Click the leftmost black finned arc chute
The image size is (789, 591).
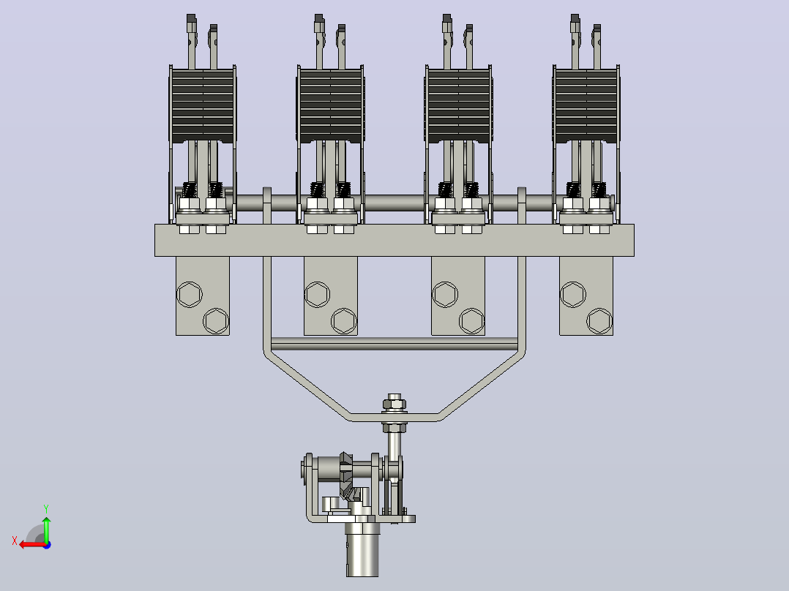click(203, 105)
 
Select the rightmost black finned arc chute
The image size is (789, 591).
click(587, 105)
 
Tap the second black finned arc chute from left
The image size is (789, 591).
click(331, 105)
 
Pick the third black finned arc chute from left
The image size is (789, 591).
click(459, 105)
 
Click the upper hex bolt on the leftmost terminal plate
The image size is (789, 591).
click(190, 294)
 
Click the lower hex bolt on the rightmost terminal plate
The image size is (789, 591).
click(599, 321)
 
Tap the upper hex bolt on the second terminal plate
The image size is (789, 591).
click(318, 294)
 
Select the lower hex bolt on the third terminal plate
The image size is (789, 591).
click(471, 321)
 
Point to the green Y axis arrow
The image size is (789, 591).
click(46, 529)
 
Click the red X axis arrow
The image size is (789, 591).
click(33, 545)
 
